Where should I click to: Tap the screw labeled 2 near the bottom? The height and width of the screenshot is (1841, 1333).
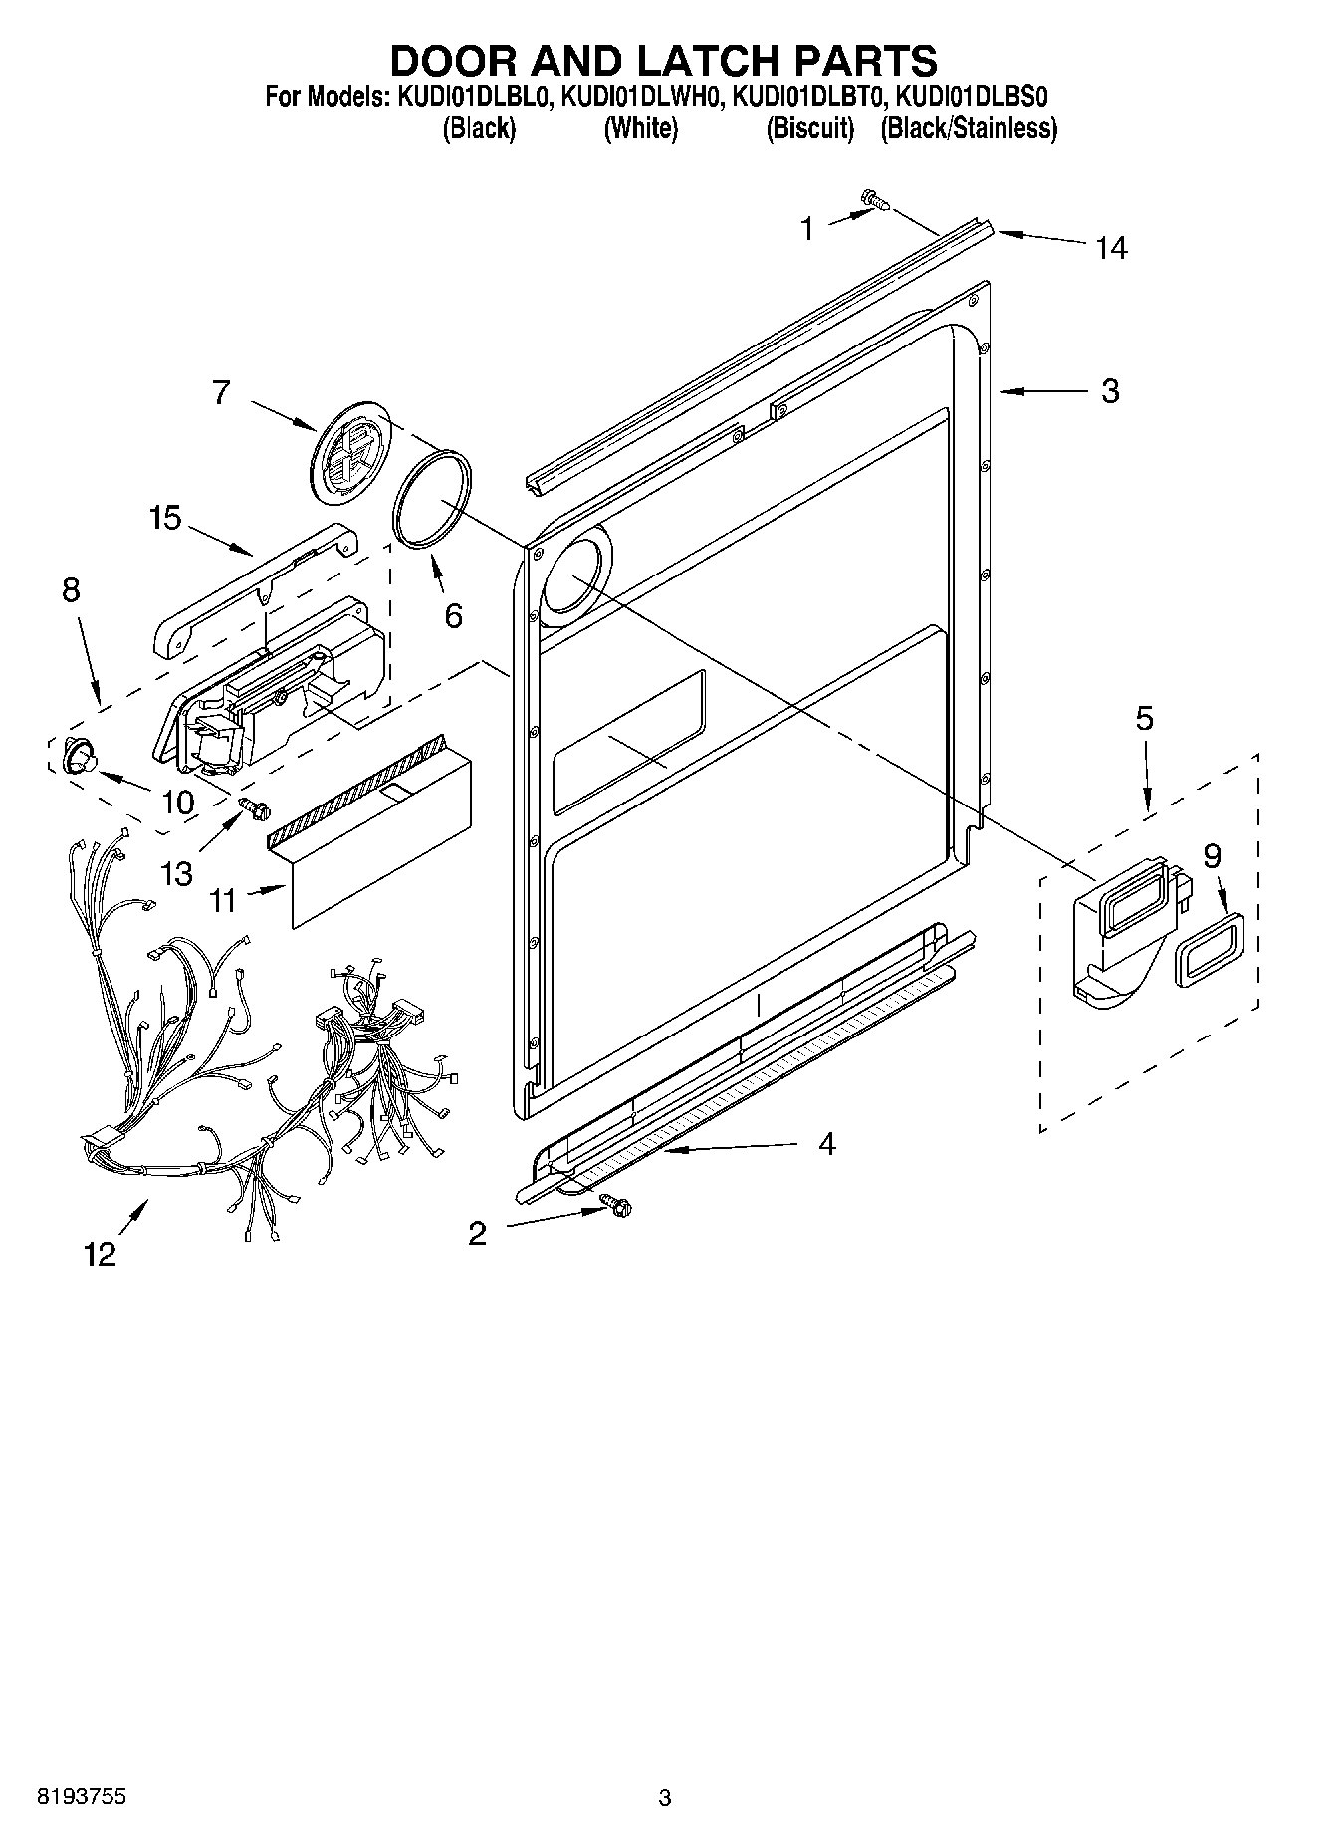pos(614,1205)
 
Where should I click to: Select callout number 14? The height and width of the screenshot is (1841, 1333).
pos(1111,248)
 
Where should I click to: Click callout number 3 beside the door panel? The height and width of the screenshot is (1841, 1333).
pos(1110,391)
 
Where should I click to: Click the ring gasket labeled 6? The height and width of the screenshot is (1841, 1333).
pos(432,496)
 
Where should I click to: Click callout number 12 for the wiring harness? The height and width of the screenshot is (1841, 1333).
pos(101,1254)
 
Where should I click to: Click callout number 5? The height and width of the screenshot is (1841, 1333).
pos(1144,718)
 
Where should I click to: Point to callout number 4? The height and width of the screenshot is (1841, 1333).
pos(826,1144)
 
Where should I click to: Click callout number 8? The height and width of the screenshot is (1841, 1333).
pos(71,589)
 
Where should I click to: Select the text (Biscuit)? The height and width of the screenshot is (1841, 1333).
pos(810,128)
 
